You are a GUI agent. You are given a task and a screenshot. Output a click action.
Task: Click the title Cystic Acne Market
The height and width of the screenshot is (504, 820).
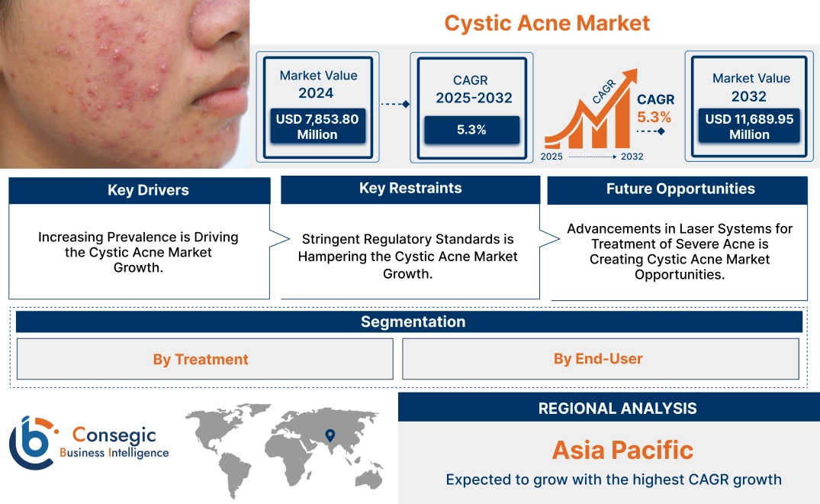tap(547, 23)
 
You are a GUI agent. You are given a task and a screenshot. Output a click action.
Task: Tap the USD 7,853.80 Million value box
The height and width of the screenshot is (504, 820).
tap(317, 126)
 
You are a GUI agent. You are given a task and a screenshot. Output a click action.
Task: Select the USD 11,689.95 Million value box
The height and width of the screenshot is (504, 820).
tap(749, 126)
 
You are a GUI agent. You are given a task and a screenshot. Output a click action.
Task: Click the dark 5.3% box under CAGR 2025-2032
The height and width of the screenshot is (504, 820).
tap(471, 130)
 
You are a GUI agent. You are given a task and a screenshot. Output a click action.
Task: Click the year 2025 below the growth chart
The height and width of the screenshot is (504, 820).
tap(553, 157)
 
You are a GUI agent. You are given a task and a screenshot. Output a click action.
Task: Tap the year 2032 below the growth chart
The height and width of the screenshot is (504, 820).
tap(631, 157)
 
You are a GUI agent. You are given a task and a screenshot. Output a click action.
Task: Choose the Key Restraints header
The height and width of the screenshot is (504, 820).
tap(410, 189)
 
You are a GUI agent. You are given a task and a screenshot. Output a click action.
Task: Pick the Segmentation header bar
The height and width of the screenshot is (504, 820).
tap(413, 321)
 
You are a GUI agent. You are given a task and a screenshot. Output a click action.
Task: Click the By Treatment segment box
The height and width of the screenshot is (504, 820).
tap(201, 359)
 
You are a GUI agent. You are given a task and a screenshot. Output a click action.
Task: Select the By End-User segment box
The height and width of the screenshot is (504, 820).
tap(598, 359)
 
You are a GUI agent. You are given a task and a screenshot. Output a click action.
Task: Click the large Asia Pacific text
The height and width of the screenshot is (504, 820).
tap(622, 450)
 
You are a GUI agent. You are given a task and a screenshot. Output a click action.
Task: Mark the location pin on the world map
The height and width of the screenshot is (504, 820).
tap(330, 435)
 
